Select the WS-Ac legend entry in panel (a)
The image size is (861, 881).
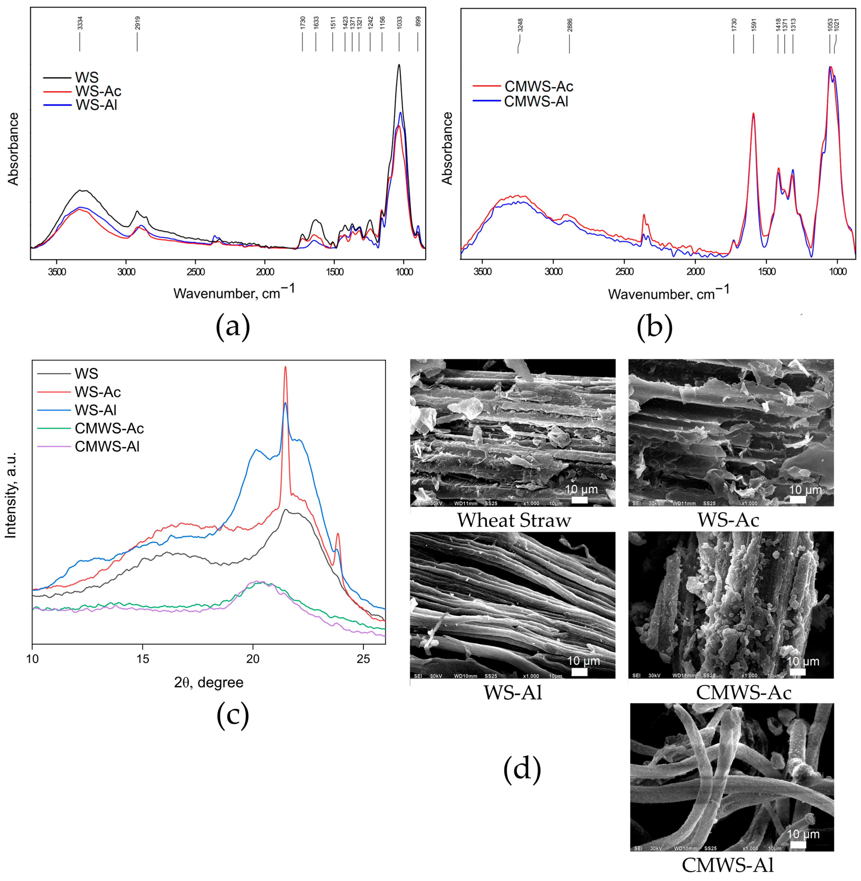pyautogui.click(x=98, y=91)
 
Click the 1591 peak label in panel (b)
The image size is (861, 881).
pyautogui.click(x=753, y=24)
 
